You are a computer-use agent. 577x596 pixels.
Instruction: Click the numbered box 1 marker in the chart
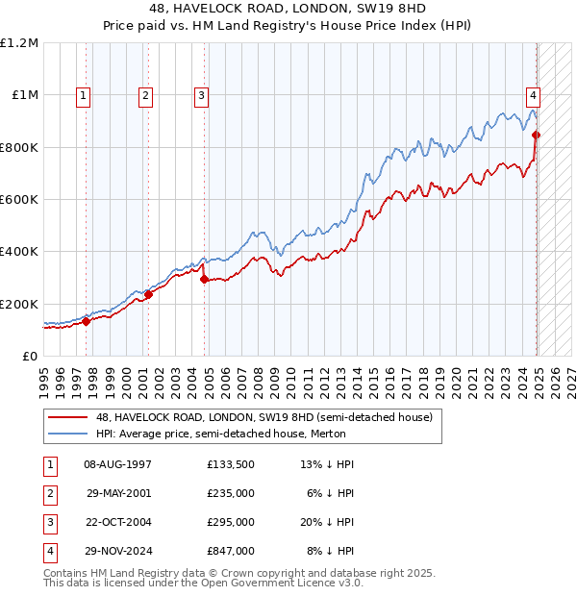pos(85,95)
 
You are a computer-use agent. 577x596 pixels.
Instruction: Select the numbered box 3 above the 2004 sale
pos(201,95)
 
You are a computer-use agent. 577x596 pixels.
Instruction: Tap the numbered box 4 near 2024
pos(532,95)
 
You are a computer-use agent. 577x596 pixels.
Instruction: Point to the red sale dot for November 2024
pos(536,135)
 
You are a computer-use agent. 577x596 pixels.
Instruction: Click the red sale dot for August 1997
pos(86,321)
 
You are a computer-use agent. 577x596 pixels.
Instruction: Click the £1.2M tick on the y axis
pos(19,43)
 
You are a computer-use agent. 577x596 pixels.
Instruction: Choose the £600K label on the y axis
pos(19,200)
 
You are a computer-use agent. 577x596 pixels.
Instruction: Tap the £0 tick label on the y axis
pos(29,356)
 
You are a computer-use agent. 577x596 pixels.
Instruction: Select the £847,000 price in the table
pos(231,552)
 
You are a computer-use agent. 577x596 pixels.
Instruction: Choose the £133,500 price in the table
pos(231,464)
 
